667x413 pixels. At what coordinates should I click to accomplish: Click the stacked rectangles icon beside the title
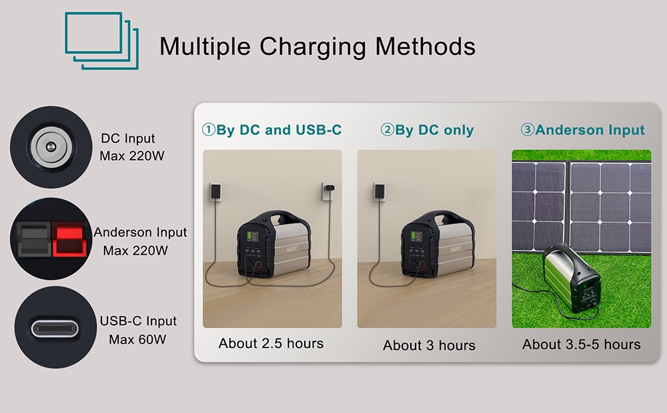102,41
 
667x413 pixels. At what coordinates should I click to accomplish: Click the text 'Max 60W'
137,340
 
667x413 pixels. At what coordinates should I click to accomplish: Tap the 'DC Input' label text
128,139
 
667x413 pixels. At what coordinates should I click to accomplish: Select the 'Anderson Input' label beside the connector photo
140,233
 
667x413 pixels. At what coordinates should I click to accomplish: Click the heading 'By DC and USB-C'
272,130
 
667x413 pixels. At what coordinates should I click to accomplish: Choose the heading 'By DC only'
428,130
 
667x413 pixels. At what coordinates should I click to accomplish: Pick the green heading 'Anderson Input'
582,130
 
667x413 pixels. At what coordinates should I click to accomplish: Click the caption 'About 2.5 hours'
271,344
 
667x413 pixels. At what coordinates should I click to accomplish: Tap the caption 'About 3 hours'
429,346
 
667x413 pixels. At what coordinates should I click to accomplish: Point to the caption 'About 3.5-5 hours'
581,344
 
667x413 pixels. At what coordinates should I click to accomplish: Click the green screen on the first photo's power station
253,237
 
